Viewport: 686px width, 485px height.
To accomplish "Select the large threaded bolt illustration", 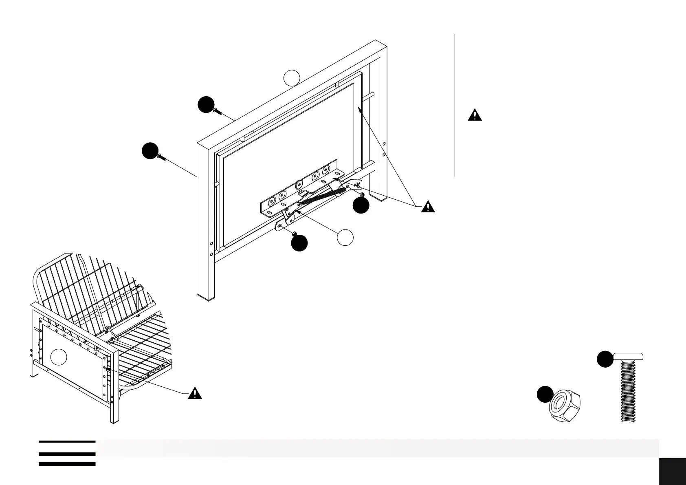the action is pos(629,387).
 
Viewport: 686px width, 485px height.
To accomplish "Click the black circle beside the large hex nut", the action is pos(544,395).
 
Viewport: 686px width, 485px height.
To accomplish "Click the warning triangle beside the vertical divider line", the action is pos(475,115).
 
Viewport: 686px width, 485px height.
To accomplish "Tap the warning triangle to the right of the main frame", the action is pos(428,207).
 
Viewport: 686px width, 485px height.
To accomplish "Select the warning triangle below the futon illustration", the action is pos(195,394).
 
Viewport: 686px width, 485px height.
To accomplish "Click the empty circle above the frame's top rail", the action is pos(292,78).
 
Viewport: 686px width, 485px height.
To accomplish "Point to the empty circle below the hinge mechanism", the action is pos(345,238).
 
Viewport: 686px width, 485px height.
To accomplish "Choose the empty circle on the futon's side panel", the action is pos(59,357).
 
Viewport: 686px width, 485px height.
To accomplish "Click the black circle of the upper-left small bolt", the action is pos(206,105).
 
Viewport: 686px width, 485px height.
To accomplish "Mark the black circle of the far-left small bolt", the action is pos(150,151).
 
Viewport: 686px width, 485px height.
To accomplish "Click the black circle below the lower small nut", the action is pos(299,243).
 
